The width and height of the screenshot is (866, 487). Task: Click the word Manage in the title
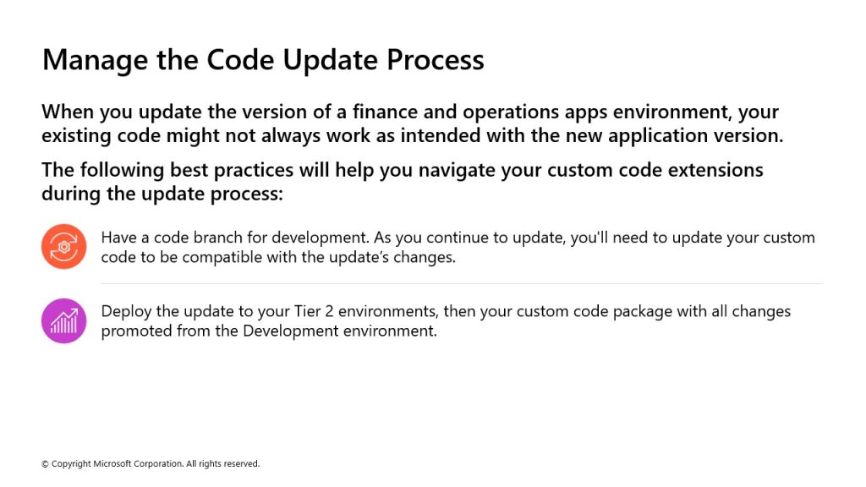click(x=95, y=60)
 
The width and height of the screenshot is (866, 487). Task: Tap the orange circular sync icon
click(x=64, y=246)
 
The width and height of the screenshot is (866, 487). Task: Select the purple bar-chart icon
click(x=64, y=320)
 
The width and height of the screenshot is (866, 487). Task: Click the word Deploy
click(x=126, y=312)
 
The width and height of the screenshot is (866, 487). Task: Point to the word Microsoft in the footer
click(x=112, y=464)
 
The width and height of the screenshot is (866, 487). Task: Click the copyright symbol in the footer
click(x=46, y=464)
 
